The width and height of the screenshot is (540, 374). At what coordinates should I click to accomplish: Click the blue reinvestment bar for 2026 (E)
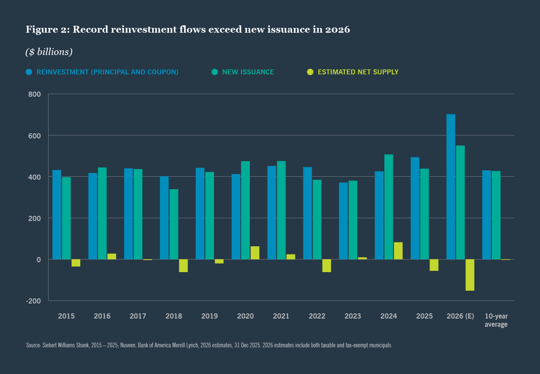(451, 187)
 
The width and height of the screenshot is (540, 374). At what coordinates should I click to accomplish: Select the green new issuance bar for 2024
(389, 207)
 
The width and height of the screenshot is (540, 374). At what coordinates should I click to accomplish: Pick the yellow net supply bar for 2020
(255, 253)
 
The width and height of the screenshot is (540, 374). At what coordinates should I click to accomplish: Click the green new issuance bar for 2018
(174, 224)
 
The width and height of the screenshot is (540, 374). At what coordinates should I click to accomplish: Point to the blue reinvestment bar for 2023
(343, 221)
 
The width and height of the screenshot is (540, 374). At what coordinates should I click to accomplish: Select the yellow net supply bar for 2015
(76, 263)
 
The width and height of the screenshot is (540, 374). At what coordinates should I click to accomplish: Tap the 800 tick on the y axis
(34, 94)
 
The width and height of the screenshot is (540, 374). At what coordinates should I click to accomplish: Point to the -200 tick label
(34, 301)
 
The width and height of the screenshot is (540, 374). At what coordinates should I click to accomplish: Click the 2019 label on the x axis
(209, 316)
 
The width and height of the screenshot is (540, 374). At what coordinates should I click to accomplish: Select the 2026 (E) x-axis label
(460, 316)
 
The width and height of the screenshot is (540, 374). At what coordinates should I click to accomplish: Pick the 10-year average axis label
(496, 320)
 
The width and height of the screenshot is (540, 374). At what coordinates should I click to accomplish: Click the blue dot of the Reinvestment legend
(29, 72)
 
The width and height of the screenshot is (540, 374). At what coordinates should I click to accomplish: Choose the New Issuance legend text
(248, 72)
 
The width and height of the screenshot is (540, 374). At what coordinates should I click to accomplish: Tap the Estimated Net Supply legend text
(358, 72)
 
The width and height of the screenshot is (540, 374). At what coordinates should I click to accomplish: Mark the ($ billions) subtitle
(49, 52)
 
